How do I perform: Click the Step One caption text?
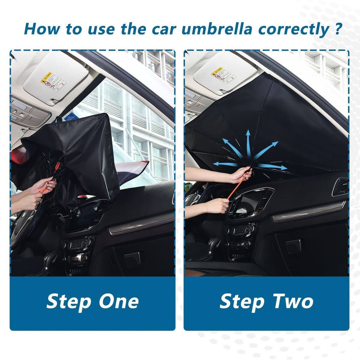point(92,301)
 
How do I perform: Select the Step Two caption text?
point(266,301)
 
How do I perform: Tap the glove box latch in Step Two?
point(293,247)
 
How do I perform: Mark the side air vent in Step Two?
point(340,187)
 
